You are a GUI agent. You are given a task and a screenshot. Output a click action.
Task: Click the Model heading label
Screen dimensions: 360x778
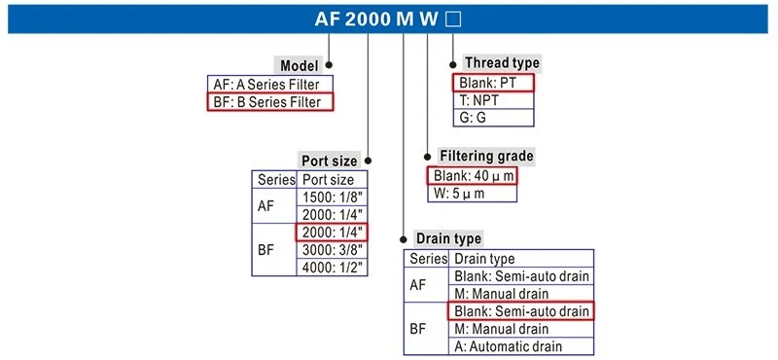click(x=301, y=66)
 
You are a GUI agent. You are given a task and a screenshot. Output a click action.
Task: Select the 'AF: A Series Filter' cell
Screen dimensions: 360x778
click(x=269, y=84)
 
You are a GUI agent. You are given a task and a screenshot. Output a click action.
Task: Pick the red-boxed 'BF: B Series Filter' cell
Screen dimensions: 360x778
click(x=269, y=101)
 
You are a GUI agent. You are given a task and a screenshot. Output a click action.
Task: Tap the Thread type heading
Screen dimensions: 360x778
click(x=502, y=63)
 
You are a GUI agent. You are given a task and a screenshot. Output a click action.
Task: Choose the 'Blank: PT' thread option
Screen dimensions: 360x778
click(x=494, y=83)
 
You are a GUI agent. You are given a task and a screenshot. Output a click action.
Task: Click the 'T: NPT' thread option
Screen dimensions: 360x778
click(x=494, y=100)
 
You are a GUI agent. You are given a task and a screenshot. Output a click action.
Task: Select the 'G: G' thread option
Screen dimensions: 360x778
click(x=494, y=118)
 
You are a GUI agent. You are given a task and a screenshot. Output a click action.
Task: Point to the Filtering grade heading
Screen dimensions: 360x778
click(x=486, y=156)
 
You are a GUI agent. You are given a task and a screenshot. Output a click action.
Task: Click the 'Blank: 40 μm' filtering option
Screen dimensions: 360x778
click(x=472, y=175)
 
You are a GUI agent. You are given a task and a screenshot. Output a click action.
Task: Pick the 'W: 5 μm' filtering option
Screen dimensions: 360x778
click(x=472, y=193)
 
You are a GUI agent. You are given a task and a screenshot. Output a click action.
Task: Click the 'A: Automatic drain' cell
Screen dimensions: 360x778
click(x=520, y=345)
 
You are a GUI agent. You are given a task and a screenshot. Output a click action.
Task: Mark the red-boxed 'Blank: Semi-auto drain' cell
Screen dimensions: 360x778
click(x=520, y=311)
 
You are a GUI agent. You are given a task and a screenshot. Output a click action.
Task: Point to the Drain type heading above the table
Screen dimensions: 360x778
click(x=448, y=238)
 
